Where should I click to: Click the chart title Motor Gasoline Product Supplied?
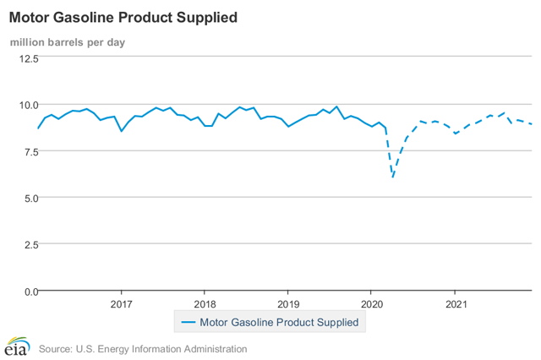pyautogui.click(x=123, y=17)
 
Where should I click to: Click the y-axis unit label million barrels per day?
pyautogui.click(x=68, y=42)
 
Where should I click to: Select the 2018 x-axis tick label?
pyautogui.click(x=205, y=303)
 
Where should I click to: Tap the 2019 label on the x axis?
pyautogui.click(x=288, y=303)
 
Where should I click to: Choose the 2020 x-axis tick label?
pyautogui.click(x=372, y=303)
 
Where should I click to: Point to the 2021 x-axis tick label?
pyautogui.click(x=456, y=303)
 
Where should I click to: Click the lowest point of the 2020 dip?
pyautogui.click(x=393, y=177)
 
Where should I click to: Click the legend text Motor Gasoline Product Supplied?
pyautogui.click(x=279, y=322)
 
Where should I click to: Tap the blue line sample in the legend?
pyautogui.click(x=187, y=322)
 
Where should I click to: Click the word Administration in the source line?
pyautogui.click(x=210, y=348)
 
